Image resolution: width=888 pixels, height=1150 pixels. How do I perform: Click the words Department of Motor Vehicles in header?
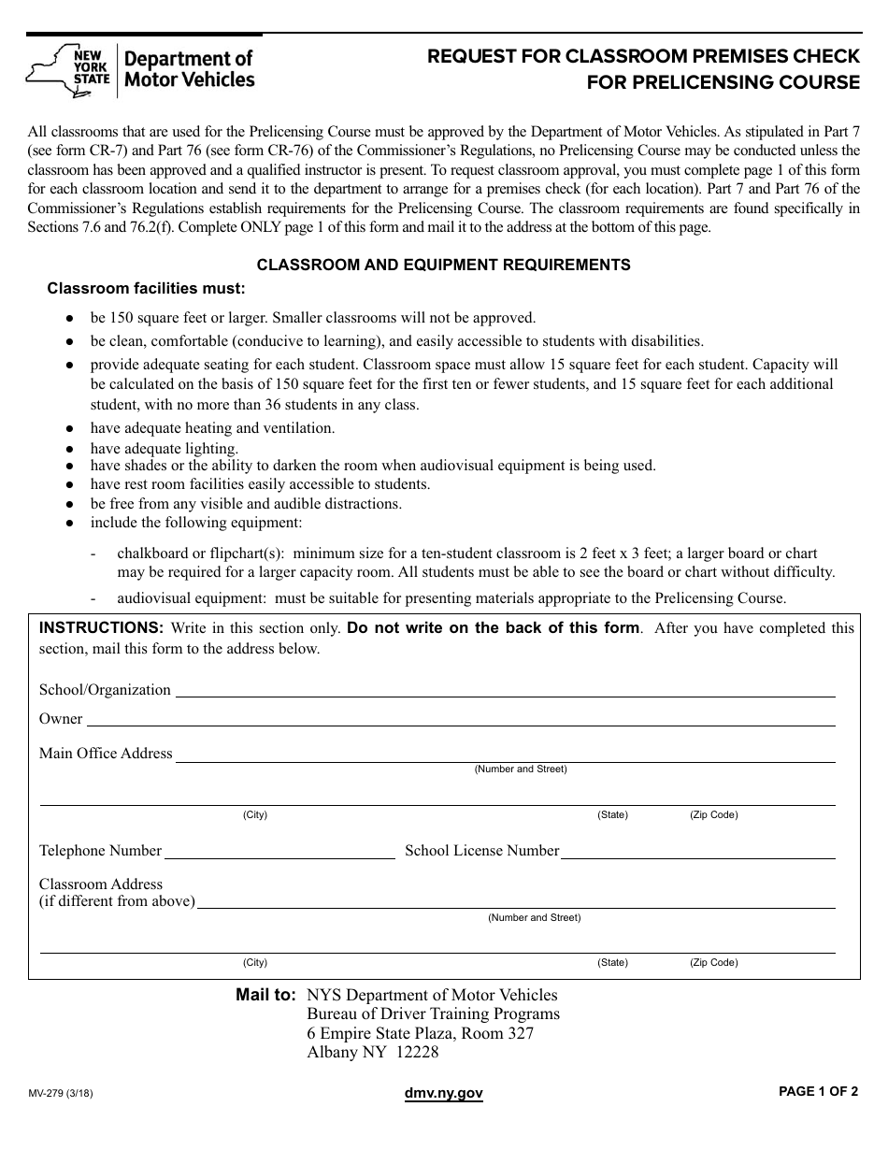coord(189,69)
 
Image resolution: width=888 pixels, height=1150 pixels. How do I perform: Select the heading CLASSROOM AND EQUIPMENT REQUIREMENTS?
coord(443,266)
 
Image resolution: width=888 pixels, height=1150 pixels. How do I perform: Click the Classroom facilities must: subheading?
coord(147,288)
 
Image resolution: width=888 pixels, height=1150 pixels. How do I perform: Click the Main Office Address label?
coord(106,754)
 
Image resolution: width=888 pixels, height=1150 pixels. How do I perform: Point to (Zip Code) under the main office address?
coord(714,815)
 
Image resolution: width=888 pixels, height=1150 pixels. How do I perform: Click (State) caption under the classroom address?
coord(613,963)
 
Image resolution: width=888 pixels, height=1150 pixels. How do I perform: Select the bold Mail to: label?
coord(265,996)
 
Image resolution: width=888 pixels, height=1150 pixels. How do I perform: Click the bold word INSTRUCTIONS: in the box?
coord(101,628)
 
